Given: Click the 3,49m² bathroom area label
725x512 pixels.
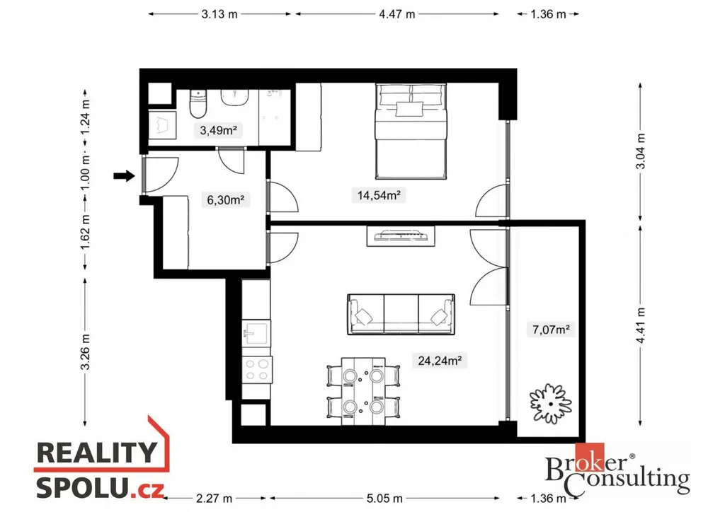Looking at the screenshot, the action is pos(218,131).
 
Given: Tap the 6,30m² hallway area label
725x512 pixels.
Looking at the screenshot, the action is pos(225,200).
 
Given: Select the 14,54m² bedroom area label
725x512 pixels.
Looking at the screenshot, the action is pos(379,194).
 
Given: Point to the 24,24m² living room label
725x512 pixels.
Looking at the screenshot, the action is pos(439,360).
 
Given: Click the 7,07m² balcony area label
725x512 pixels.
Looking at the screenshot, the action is pos(551,329).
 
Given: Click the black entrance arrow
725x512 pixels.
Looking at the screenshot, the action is pos(124,175).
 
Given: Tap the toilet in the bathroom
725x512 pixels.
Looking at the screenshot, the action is pos(198,105).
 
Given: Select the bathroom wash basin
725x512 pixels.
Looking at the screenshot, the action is pos(235,98).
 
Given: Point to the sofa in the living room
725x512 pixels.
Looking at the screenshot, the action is pos(401,315).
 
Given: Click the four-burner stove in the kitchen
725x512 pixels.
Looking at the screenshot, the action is pos(257,370).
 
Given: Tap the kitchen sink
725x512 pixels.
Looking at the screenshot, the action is pos(256,333).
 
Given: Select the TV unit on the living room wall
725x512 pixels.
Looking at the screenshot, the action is pos(401,236).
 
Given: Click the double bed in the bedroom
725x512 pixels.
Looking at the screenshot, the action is pos(411,131).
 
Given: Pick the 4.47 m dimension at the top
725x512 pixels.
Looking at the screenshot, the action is pos(397,14).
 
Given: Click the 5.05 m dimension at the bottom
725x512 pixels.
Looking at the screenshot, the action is pos(384,499).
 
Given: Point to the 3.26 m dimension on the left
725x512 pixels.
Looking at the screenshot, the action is pos(85,351).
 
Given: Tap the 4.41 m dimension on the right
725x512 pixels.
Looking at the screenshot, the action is pos(640,325).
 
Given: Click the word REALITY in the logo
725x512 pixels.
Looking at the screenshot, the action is pos(96,453).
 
